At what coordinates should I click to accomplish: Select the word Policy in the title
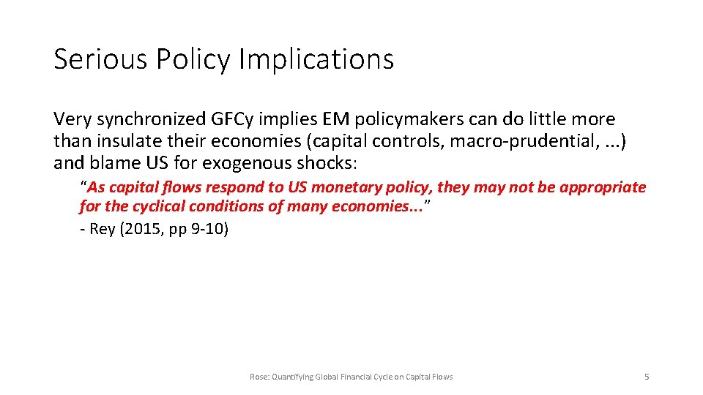pos(195,59)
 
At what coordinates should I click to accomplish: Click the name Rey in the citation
pos(103,229)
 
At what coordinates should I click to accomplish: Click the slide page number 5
pos(646,377)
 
